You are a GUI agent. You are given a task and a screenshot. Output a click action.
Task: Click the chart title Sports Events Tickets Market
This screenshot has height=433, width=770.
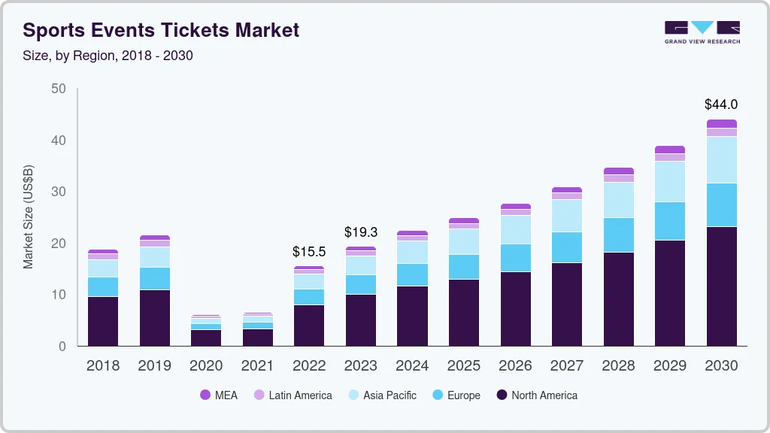pos(161,30)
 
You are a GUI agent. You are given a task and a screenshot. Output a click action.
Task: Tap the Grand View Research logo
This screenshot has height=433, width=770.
pos(702,32)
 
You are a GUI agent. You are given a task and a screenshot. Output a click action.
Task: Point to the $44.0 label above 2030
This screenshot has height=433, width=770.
pos(721,104)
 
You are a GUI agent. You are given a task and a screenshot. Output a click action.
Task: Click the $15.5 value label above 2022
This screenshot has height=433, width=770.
pos(309,252)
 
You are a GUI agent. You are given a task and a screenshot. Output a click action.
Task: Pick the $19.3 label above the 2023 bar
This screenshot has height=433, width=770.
pos(361,232)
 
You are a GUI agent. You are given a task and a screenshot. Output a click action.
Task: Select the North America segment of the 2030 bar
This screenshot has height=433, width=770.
pos(722,286)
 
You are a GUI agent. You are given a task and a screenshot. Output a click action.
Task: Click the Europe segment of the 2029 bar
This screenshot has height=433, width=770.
pos(670,221)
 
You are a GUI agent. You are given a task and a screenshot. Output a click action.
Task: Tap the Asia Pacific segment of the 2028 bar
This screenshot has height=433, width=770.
pos(619,200)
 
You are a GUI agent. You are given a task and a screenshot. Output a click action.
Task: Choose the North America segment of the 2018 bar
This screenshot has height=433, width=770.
pos(103,321)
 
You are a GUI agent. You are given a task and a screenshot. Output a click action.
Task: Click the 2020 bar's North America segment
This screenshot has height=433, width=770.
pos(206,338)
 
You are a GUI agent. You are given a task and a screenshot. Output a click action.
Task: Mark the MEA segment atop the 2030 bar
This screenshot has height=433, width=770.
pos(722,123)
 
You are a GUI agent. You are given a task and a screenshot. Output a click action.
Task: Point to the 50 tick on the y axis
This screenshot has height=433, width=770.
pos(59,89)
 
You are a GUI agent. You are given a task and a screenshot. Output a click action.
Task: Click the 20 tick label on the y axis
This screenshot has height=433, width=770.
pos(59,244)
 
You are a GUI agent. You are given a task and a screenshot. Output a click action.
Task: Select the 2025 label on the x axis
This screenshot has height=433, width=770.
pos(464,366)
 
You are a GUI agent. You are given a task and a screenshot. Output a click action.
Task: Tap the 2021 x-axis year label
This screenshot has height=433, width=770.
pos(258,366)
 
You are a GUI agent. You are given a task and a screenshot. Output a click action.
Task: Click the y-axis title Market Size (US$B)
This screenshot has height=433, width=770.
pos(29,216)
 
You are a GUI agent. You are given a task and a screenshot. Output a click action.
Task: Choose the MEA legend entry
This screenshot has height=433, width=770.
pos(219,395)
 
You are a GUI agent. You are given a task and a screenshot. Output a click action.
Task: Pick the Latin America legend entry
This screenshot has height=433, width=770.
pos(293,395)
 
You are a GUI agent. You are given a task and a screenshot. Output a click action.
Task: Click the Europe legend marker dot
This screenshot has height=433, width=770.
pos(437,395)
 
